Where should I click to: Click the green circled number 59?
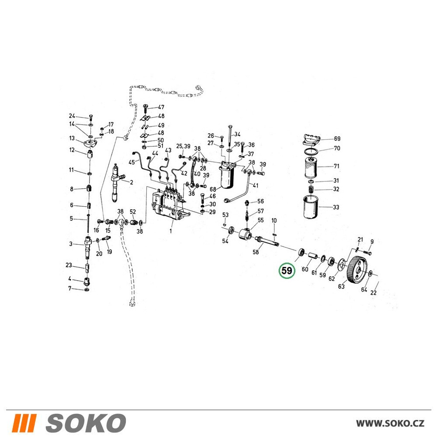(x=287, y=271)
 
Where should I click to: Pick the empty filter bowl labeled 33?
(x=310, y=207)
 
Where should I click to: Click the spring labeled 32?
(x=311, y=190)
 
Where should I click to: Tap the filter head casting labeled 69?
(x=311, y=139)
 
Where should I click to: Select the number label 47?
(x=161, y=107)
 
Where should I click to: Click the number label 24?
(x=72, y=116)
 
